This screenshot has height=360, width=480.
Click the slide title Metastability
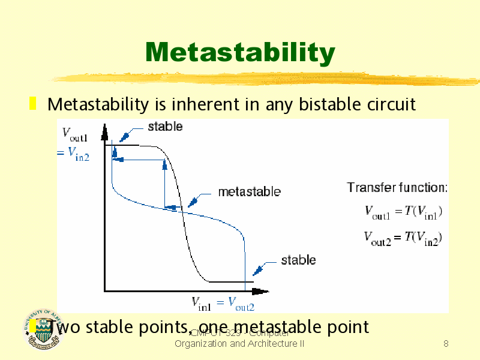(239, 53)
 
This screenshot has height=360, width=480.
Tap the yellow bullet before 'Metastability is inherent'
(34, 104)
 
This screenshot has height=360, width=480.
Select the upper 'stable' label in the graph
(165, 127)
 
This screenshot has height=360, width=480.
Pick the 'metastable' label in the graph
(248, 192)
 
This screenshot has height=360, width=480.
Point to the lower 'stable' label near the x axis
(298, 260)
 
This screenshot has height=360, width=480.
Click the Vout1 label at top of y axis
(75, 133)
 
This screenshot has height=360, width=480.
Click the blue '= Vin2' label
(73, 155)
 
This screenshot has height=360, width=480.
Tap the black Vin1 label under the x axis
(201, 303)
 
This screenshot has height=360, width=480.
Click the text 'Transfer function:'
(397, 188)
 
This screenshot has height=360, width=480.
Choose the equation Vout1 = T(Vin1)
(403, 211)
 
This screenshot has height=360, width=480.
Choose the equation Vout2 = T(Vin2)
(403, 238)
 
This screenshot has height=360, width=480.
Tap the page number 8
(445, 344)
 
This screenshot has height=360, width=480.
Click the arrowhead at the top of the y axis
(104, 129)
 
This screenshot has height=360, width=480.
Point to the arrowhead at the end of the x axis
(260, 292)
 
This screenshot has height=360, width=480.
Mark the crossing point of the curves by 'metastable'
(182, 210)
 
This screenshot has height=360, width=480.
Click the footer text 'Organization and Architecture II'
(239, 344)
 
